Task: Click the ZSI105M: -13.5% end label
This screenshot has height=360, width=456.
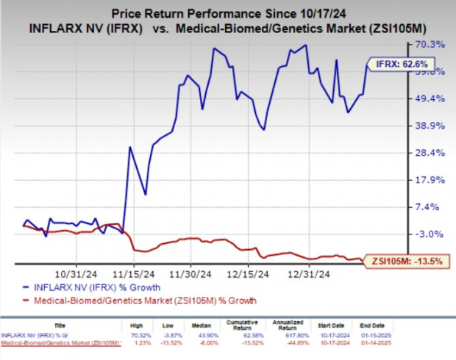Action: click(404, 259)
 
